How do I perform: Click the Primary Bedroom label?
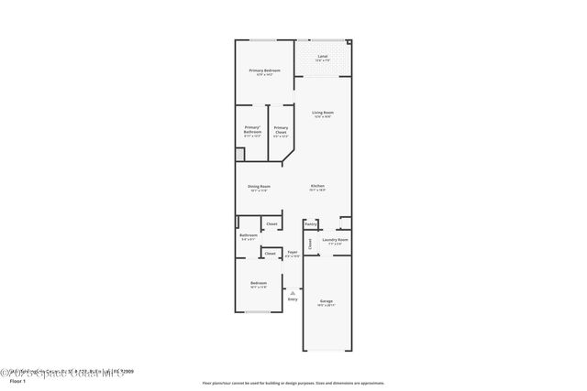coord(264,70)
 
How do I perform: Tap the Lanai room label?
coord(322,57)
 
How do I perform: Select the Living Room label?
coord(322,113)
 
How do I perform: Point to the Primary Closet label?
coord(281,129)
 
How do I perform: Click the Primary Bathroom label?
coord(252,129)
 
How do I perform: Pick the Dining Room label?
coord(259,187)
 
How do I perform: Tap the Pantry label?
coord(311,223)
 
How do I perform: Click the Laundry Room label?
coord(335,240)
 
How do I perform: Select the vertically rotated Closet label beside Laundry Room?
coord(310,244)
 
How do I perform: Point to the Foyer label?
coord(292,252)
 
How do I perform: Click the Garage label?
coord(327,301)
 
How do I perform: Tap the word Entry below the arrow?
coord(293,299)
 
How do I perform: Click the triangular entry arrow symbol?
coord(293,292)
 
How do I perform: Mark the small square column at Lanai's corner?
coord(349,40)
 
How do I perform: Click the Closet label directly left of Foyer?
coord(270,254)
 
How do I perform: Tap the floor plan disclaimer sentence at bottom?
coord(293,383)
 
